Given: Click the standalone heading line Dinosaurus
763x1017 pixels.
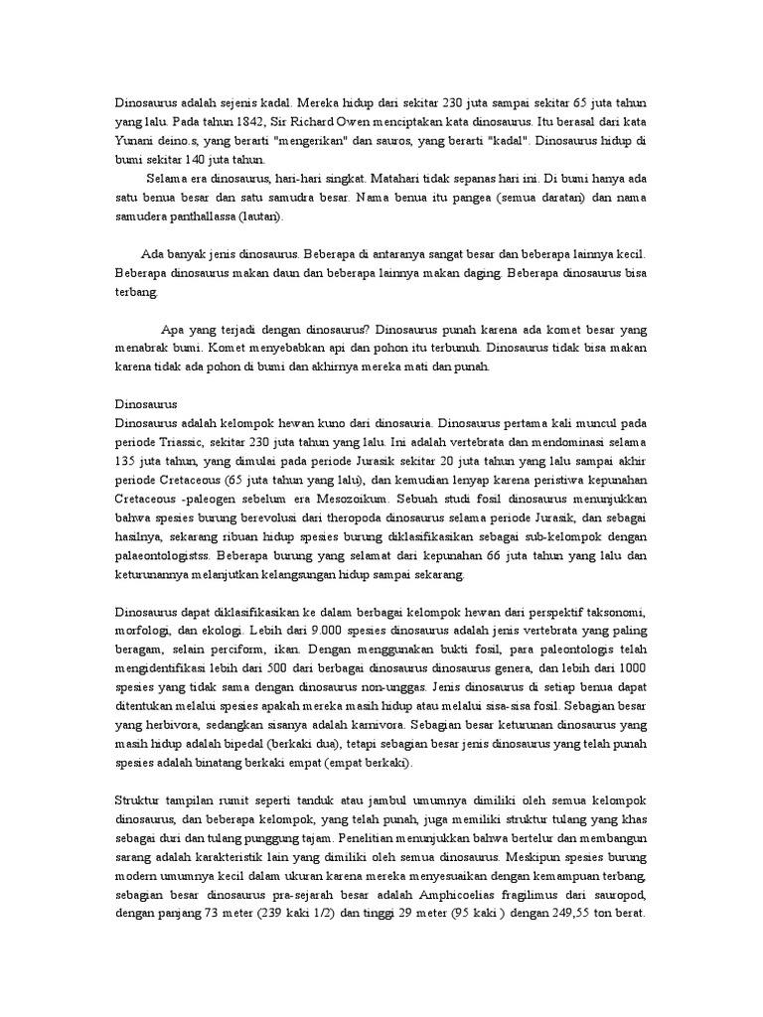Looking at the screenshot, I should click(146, 404).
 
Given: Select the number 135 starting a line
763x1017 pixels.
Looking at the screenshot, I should click(126, 460).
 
